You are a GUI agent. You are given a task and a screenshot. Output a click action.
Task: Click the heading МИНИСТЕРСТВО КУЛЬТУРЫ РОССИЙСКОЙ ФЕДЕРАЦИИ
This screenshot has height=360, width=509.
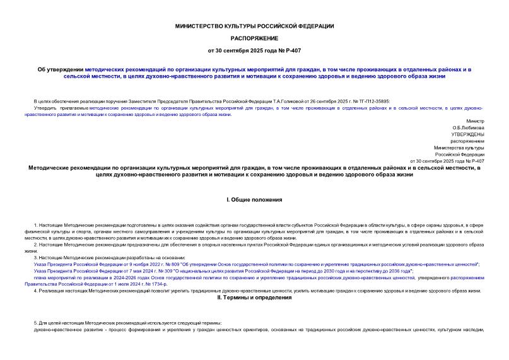point(254,26)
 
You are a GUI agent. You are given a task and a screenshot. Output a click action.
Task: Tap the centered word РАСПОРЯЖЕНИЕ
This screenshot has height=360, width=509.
point(254,38)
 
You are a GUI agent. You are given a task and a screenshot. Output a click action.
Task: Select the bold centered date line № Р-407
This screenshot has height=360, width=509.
point(254,50)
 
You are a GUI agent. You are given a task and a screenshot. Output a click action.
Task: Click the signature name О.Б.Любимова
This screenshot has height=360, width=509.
point(469,127)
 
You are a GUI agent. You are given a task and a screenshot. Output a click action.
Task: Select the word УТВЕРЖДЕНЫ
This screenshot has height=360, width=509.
point(467,134)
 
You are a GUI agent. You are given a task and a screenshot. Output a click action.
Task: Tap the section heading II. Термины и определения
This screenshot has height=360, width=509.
point(254,297)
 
